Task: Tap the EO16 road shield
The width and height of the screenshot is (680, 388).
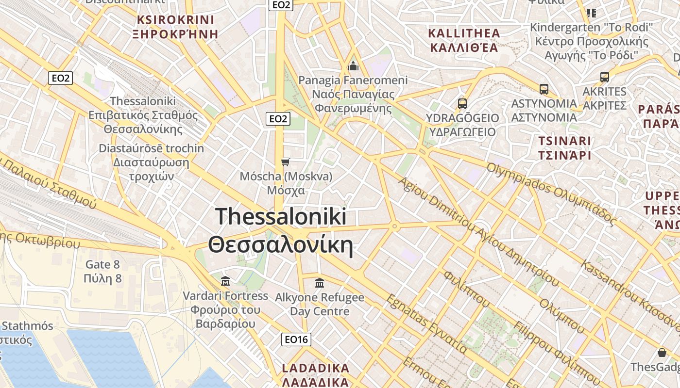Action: coord(296,339)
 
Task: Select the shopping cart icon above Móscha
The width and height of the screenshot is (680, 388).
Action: coord(286,162)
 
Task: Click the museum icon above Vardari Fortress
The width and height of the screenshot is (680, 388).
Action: coord(225,281)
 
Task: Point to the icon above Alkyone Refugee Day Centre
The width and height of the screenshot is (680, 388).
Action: coord(320,282)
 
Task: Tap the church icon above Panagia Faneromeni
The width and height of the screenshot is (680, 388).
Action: coord(353,65)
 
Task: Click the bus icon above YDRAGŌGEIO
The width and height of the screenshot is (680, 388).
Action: coord(462,103)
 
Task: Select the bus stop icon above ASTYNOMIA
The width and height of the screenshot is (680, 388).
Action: coord(544,89)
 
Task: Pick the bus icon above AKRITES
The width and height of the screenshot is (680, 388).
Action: coord(605,77)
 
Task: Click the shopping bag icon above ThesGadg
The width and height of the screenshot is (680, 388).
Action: coord(662,352)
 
